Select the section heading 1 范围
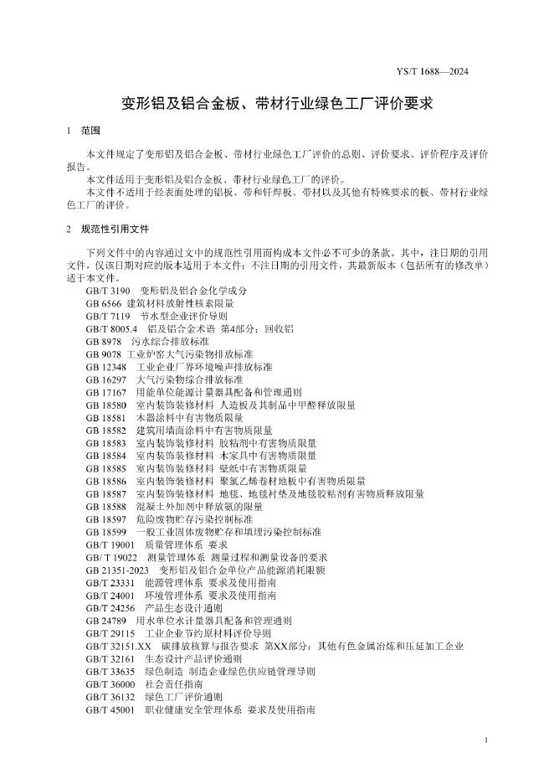pos(83,132)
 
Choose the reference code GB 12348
pos(106,367)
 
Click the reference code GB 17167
pos(106,392)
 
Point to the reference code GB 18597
pos(106,519)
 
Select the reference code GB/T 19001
pos(110,544)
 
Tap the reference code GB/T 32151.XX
pos(119,646)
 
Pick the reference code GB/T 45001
pos(110,709)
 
